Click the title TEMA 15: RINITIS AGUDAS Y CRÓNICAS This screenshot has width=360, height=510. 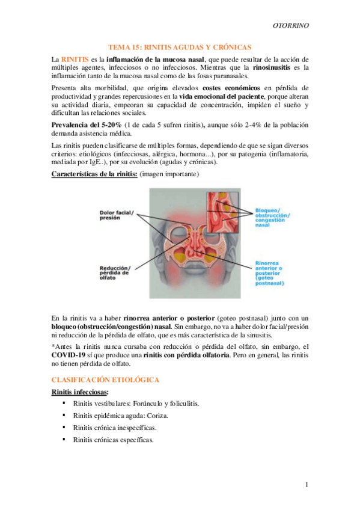point(179,47)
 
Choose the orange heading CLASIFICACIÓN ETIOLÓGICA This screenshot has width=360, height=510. point(105,381)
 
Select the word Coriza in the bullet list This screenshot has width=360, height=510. point(157,415)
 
